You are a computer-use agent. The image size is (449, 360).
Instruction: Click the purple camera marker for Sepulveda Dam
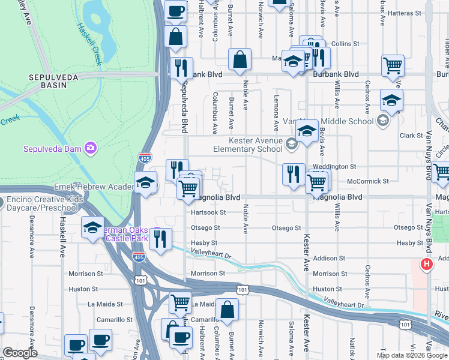(x=90, y=148)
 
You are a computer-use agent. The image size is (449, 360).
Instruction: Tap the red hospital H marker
(x=426, y=263)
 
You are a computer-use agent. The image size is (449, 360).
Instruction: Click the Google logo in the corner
(x=19, y=353)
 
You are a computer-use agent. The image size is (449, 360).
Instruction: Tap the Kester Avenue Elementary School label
(x=249, y=145)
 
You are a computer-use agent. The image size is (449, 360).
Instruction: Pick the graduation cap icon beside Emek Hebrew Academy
(x=145, y=183)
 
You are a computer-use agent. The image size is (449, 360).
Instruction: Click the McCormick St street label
(x=368, y=181)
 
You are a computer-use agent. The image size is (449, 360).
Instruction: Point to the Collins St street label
(x=345, y=44)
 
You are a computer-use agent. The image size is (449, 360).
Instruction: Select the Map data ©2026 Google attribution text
(x=412, y=355)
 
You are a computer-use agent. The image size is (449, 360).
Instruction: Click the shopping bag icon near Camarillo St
(x=227, y=311)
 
